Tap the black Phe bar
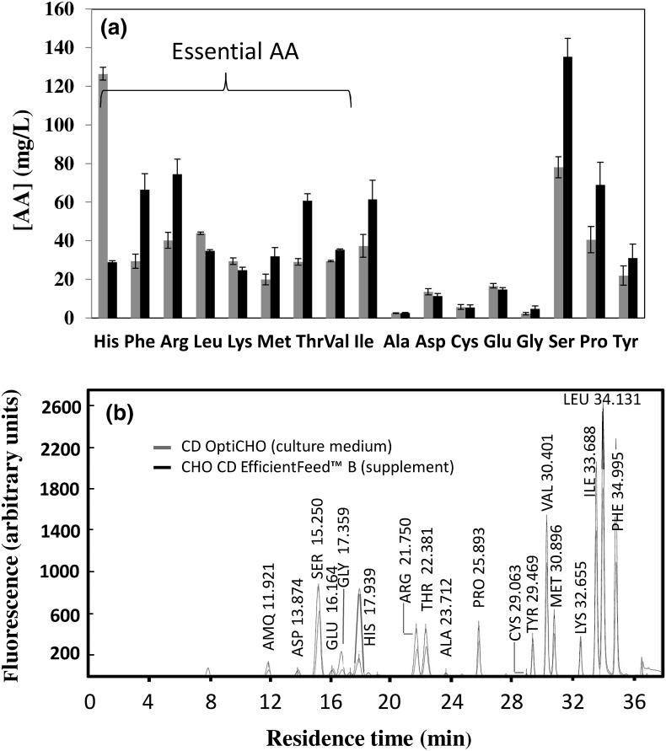point(144,254)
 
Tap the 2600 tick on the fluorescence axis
point(66,407)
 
